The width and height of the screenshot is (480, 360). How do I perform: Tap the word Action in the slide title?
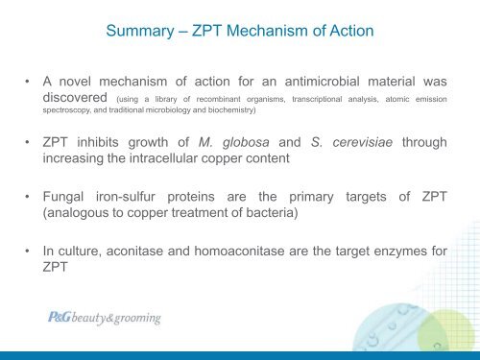click(349, 32)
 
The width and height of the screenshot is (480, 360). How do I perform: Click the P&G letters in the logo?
click(61, 318)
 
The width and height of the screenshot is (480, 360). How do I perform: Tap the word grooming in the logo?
click(135, 319)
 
